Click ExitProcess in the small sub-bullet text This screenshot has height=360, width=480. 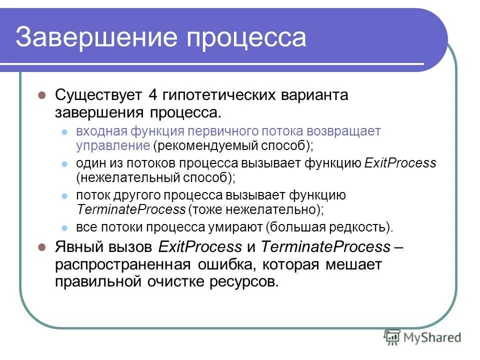pos(400,163)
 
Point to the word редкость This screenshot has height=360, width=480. pos(359,227)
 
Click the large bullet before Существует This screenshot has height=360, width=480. pos(42,95)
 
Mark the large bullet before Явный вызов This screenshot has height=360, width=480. pos(42,246)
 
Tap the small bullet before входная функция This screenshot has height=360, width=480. pos(64,132)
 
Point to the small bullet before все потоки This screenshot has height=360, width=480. pos(64,227)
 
